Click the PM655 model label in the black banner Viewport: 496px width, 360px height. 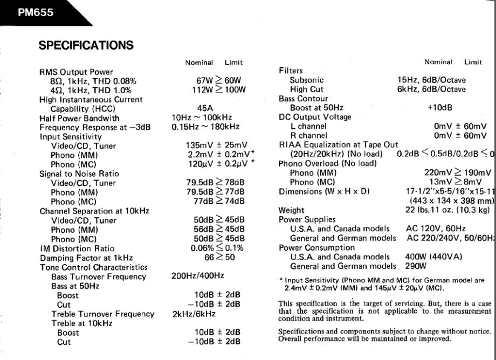tap(36, 12)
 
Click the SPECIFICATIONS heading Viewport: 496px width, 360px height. tap(86, 46)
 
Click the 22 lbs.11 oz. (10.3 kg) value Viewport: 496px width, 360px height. tap(447, 210)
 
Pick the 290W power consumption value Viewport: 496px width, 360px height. tap(416, 266)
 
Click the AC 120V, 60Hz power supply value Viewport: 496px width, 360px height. tap(436, 229)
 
